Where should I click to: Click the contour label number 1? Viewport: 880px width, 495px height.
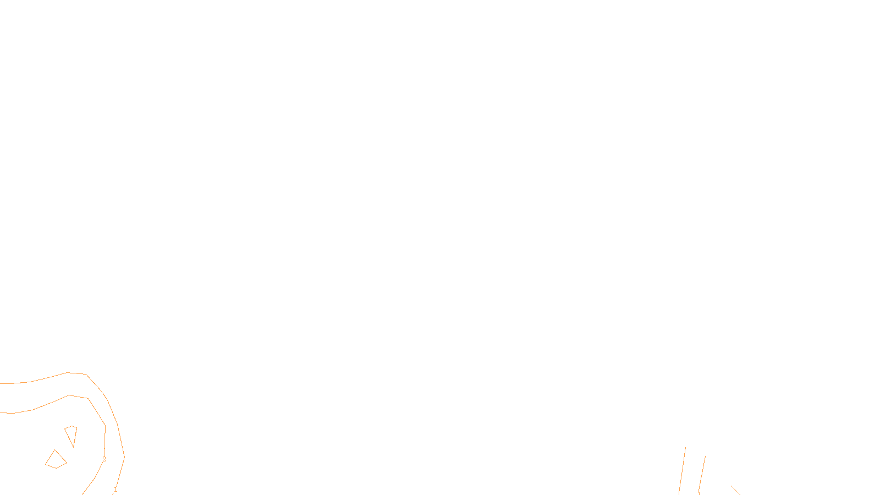[x=116, y=489]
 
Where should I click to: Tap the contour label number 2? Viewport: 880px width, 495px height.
[x=104, y=459]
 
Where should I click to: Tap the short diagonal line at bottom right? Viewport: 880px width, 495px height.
[x=735, y=490]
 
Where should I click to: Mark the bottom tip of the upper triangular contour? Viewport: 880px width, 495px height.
[x=73, y=447]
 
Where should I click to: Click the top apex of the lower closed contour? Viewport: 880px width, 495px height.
[x=54, y=450]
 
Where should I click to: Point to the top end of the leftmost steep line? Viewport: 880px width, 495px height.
[x=685, y=447]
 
